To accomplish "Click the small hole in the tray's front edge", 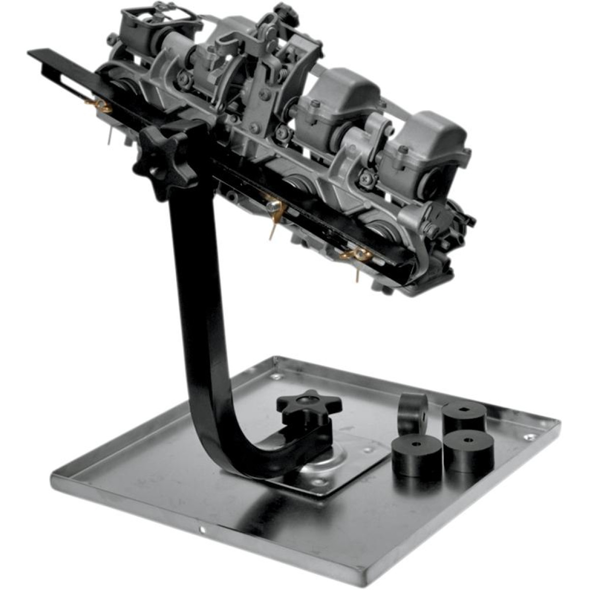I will [202, 530].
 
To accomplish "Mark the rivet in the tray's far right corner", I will [529, 437].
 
